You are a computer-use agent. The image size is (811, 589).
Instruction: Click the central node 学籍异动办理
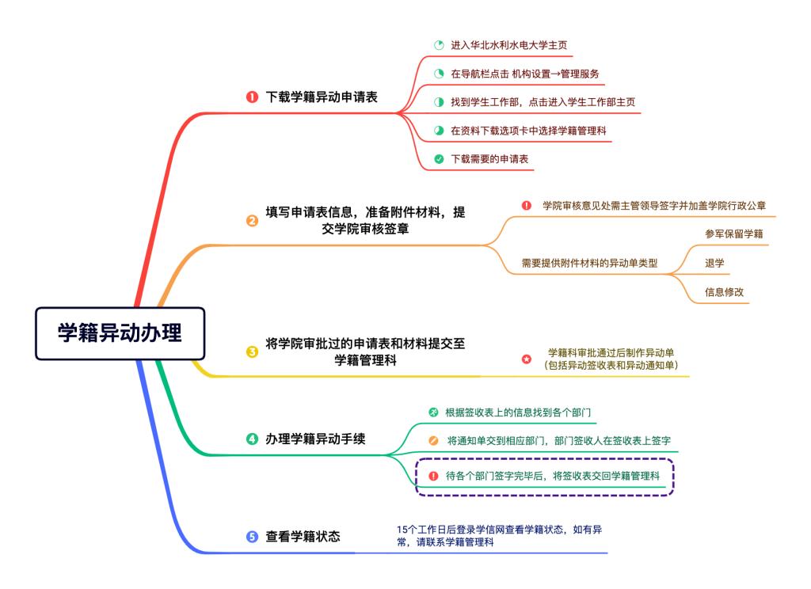click(120, 333)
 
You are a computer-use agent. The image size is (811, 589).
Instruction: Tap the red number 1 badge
click(252, 97)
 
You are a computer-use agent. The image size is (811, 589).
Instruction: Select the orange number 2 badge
click(252, 221)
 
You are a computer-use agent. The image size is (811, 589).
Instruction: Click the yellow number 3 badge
click(252, 352)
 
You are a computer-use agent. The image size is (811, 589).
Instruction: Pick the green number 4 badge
click(252, 439)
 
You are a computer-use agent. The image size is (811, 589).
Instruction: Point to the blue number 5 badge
click(252, 537)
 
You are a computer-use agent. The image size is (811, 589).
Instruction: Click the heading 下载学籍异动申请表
click(322, 97)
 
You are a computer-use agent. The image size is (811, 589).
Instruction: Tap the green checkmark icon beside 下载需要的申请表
click(439, 159)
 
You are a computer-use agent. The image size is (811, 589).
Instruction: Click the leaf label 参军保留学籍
click(734, 234)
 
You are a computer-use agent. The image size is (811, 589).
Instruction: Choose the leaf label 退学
click(714, 263)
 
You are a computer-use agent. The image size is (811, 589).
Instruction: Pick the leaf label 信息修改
click(725, 292)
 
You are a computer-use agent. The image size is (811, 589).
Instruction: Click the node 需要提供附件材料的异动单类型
click(589, 263)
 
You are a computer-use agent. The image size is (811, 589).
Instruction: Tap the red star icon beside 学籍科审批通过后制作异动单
click(527, 359)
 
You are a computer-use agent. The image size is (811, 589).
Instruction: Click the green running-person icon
click(433, 412)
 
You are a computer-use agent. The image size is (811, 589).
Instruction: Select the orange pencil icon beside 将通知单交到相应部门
click(433, 441)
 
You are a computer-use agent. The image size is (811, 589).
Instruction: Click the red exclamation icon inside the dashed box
click(433, 476)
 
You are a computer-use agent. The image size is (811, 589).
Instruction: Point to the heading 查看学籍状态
click(303, 537)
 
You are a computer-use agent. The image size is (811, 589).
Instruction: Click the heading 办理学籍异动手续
click(315, 439)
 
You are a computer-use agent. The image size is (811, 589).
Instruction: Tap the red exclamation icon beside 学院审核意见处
click(527, 206)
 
